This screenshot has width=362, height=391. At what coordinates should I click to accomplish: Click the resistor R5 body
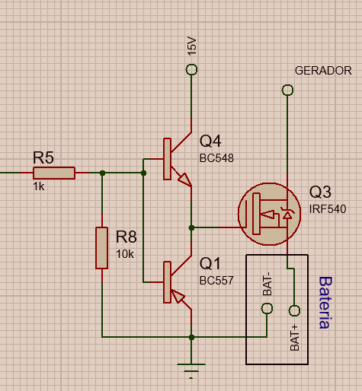point(54,173)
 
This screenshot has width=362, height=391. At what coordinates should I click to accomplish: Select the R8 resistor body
point(101,248)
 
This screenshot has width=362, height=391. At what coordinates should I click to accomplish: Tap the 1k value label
point(39,186)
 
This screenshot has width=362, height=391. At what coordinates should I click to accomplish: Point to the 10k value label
point(125,254)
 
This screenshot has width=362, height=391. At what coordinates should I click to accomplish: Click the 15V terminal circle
point(191,69)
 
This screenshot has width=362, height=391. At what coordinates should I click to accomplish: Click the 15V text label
point(192,46)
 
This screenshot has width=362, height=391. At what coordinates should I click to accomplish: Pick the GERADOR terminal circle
point(287,90)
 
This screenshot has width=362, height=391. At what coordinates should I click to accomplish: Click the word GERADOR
point(323,71)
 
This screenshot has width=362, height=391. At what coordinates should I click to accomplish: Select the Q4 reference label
point(210,141)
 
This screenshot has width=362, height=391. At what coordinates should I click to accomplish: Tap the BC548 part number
point(216,158)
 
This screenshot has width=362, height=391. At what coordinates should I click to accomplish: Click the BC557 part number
point(216,281)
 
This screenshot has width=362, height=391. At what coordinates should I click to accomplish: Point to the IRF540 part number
point(328,209)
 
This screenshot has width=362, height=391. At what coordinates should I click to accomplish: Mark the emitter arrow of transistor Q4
point(185,180)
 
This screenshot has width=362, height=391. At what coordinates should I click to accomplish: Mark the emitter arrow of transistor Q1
point(178,297)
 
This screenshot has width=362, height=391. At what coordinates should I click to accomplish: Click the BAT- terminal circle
point(267,308)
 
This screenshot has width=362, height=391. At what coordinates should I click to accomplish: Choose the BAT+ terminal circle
point(294,310)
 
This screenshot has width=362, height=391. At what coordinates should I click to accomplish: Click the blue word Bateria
point(325,303)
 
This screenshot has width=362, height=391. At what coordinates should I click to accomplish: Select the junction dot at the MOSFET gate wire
point(192,227)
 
